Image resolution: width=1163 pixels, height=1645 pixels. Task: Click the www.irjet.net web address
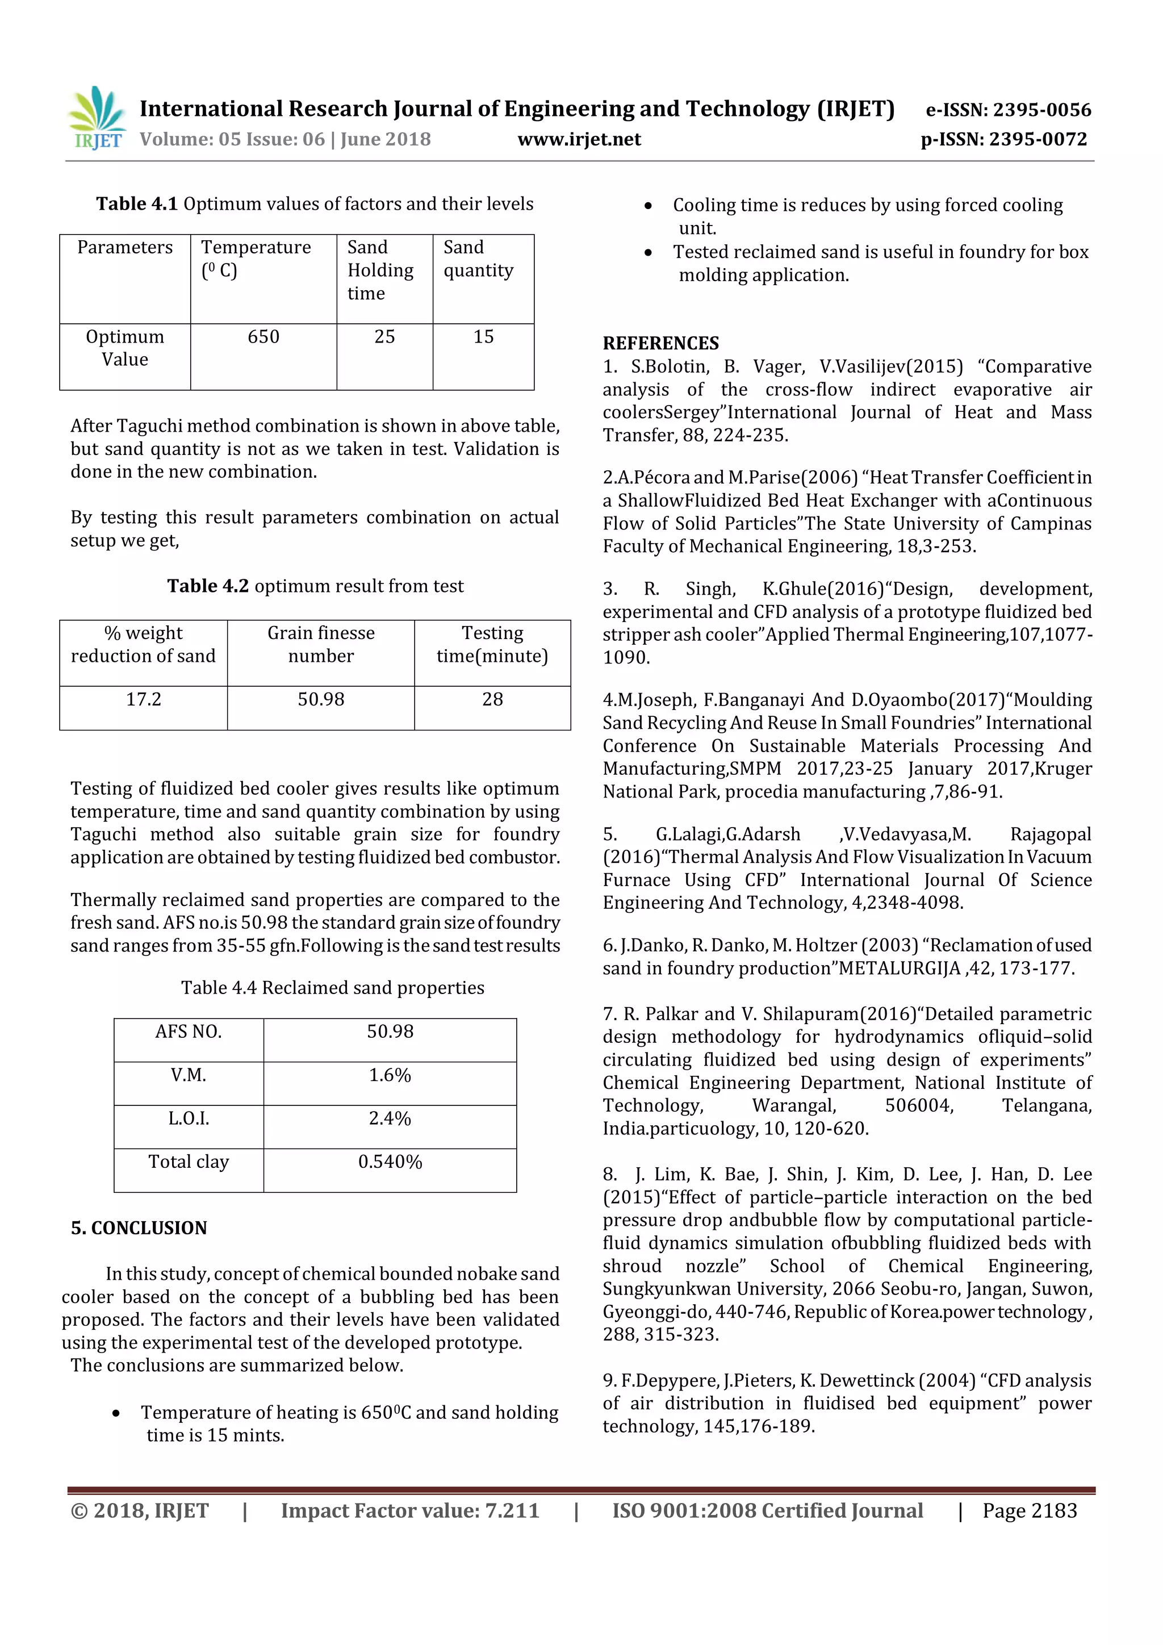coord(579,139)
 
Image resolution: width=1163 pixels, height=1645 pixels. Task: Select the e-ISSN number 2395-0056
coord(1009,110)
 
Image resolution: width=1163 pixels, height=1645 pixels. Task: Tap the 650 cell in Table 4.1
coord(263,337)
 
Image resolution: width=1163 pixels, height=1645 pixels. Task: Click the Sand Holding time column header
coord(380,270)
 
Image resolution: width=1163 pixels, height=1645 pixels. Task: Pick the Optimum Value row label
coord(124,348)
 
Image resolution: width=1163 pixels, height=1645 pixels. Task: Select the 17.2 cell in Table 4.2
coord(143,699)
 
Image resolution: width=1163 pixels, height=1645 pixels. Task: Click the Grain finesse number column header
coord(321,644)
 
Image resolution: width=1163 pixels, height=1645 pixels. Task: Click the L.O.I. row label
coord(189,1118)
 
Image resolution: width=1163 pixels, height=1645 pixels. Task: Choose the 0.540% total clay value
coord(390,1162)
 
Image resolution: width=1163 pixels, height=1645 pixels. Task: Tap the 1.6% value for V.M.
coord(390,1075)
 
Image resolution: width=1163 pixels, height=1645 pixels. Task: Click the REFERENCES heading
coord(660,343)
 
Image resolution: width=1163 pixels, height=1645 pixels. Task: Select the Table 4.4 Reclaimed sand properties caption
coord(332,987)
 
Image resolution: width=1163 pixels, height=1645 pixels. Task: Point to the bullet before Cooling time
coord(648,206)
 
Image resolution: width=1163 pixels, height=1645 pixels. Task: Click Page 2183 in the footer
coord(1029,1510)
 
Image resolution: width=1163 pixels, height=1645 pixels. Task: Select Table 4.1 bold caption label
coord(137,204)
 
